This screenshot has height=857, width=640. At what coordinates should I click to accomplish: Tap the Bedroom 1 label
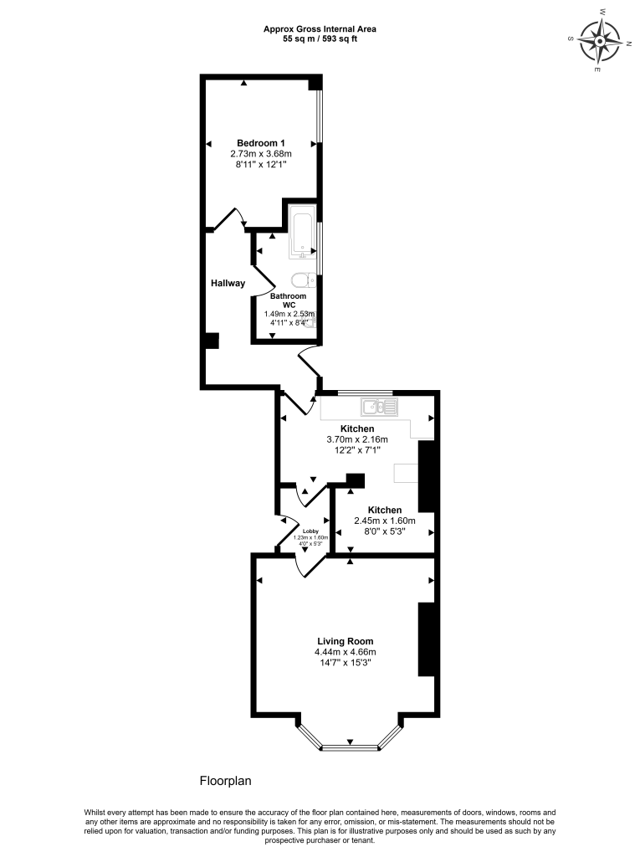[261, 142]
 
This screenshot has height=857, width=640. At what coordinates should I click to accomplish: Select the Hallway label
[228, 283]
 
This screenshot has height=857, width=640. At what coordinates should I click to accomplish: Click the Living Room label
[345, 641]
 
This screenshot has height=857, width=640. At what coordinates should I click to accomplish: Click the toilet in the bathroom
[302, 280]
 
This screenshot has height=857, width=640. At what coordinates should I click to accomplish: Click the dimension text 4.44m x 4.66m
[345, 652]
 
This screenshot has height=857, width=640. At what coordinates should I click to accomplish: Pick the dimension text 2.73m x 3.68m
[261, 154]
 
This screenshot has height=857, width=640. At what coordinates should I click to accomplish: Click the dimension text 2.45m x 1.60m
[385, 521]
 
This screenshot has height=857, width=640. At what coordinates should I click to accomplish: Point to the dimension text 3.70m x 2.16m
[356, 439]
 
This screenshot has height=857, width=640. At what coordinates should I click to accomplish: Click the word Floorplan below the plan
[225, 780]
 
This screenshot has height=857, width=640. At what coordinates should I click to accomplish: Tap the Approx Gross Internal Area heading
[320, 28]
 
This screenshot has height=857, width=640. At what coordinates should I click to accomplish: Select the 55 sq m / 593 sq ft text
[320, 38]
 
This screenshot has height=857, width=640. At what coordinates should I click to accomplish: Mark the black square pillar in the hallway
[212, 341]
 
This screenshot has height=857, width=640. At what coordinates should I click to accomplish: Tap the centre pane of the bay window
[350, 746]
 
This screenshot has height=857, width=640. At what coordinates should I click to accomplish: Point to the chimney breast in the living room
[427, 639]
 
